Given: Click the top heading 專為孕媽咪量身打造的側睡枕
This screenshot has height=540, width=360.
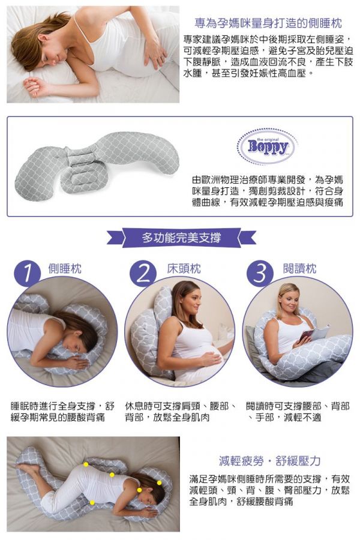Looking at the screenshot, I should point(268,23).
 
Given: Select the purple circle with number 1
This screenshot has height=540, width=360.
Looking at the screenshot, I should point(27,274).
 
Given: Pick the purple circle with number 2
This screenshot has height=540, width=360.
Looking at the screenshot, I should point(143,274).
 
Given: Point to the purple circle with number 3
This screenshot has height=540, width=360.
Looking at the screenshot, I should point(260,274).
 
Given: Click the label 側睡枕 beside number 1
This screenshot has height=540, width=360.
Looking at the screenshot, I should point(65,268).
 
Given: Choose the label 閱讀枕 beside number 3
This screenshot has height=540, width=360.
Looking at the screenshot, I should point(299,268).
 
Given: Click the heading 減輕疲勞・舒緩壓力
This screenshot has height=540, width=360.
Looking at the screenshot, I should point(270,461).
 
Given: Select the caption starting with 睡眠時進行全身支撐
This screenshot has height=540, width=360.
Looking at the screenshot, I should point(62,412).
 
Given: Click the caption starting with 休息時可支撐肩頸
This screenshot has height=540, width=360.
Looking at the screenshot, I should point(181,412).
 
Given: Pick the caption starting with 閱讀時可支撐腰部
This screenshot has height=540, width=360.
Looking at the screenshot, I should point(298,412).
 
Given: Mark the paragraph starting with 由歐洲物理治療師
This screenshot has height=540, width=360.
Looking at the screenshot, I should point(268,191).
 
